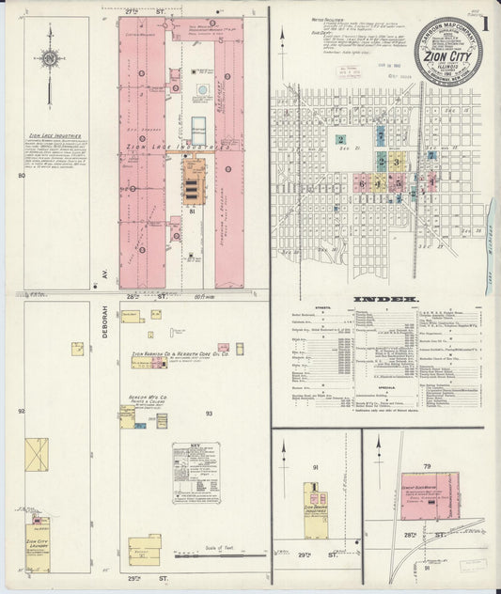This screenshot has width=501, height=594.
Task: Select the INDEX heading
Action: [384, 301]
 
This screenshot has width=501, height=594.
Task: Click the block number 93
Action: [209, 412]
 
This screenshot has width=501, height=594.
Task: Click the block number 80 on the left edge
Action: [21, 176]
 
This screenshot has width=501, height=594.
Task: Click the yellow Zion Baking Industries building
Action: [314, 501]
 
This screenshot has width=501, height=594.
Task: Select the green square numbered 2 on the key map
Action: [339, 140]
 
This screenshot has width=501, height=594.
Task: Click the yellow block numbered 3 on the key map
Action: [397, 162]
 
